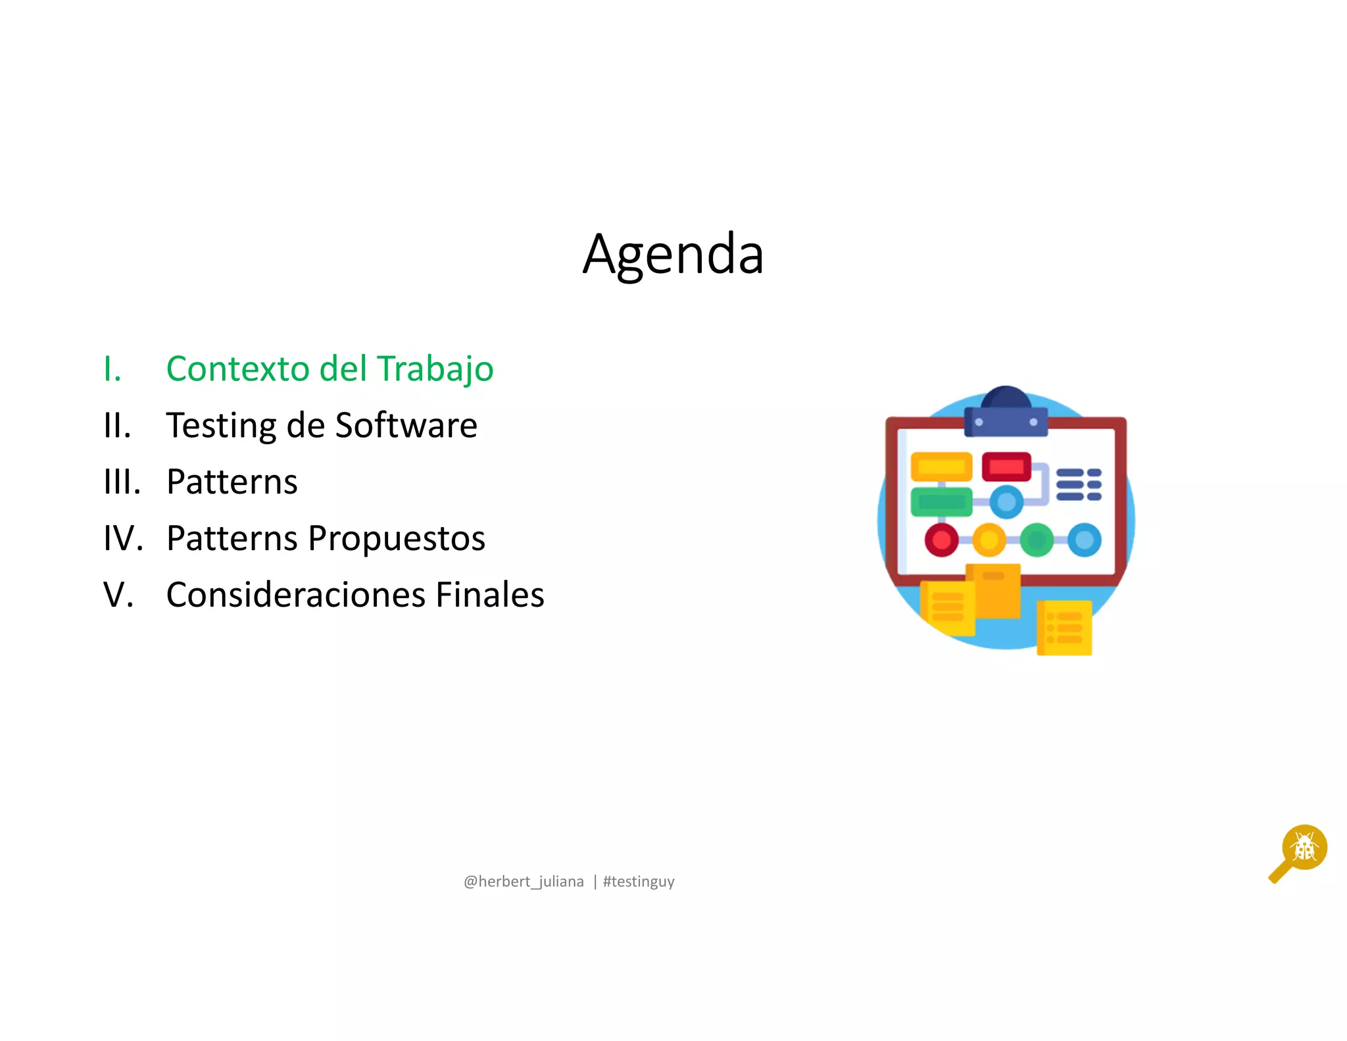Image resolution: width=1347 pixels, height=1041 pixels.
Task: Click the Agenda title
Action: tap(673, 255)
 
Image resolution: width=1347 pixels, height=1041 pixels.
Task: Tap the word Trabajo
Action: tap(435, 370)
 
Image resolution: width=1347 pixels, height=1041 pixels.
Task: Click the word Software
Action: tap(406, 425)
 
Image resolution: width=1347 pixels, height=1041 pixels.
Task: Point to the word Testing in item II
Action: tap(221, 426)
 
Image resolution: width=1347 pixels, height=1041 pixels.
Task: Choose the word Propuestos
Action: tap(397, 540)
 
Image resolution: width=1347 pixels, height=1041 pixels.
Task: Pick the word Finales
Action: tap(490, 595)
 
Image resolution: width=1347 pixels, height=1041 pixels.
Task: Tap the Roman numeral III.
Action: tap(122, 482)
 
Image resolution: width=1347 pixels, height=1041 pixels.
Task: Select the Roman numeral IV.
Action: tap(123, 538)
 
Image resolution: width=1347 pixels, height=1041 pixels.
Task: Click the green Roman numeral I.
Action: tap(112, 369)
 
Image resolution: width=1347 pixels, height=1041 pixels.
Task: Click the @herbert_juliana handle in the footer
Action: tap(524, 881)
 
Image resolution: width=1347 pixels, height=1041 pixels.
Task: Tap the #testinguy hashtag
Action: tap(639, 882)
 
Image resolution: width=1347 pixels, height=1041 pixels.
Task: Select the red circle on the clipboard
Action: tap(941, 540)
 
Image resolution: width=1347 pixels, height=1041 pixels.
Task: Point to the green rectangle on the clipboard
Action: tap(941, 502)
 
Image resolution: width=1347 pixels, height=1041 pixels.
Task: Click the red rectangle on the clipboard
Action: tap(1006, 467)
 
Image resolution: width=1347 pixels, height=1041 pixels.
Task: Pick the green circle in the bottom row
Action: tap(1037, 540)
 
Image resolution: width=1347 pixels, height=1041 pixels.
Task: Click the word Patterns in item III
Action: tap(232, 482)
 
